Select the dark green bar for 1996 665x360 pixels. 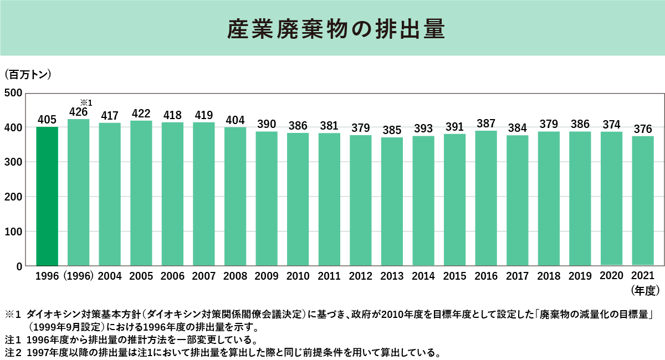tap(47, 196)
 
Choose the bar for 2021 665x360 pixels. tap(643, 200)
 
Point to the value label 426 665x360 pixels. tap(79, 112)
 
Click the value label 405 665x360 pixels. tap(47, 119)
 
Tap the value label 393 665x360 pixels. tap(423, 129)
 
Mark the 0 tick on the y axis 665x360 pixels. tap(19, 266)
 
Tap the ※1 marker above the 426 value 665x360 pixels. tap(86, 102)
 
